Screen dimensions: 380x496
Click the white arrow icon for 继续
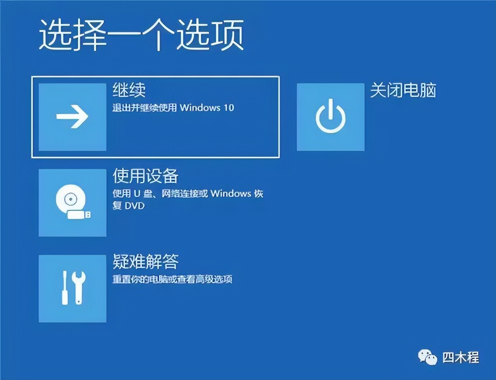(x=72, y=117)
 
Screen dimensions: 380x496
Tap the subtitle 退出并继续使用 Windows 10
(x=173, y=108)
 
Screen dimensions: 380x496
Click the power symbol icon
(x=330, y=117)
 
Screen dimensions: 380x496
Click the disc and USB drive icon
(x=72, y=202)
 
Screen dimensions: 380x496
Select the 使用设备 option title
(x=145, y=176)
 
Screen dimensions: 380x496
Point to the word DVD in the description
(x=134, y=205)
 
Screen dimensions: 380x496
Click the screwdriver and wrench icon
(x=72, y=288)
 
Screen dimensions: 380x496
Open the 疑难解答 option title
(x=145, y=262)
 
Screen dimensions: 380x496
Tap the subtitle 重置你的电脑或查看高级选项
(x=172, y=279)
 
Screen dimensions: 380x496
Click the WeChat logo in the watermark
(x=427, y=357)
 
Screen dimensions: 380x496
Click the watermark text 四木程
(x=460, y=357)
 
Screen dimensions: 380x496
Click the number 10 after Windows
(x=229, y=108)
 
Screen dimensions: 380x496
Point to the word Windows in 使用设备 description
(x=231, y=194)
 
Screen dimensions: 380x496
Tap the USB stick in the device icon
(x=80, y=214)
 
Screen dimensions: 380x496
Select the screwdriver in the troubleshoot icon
(x=65, y=288)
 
